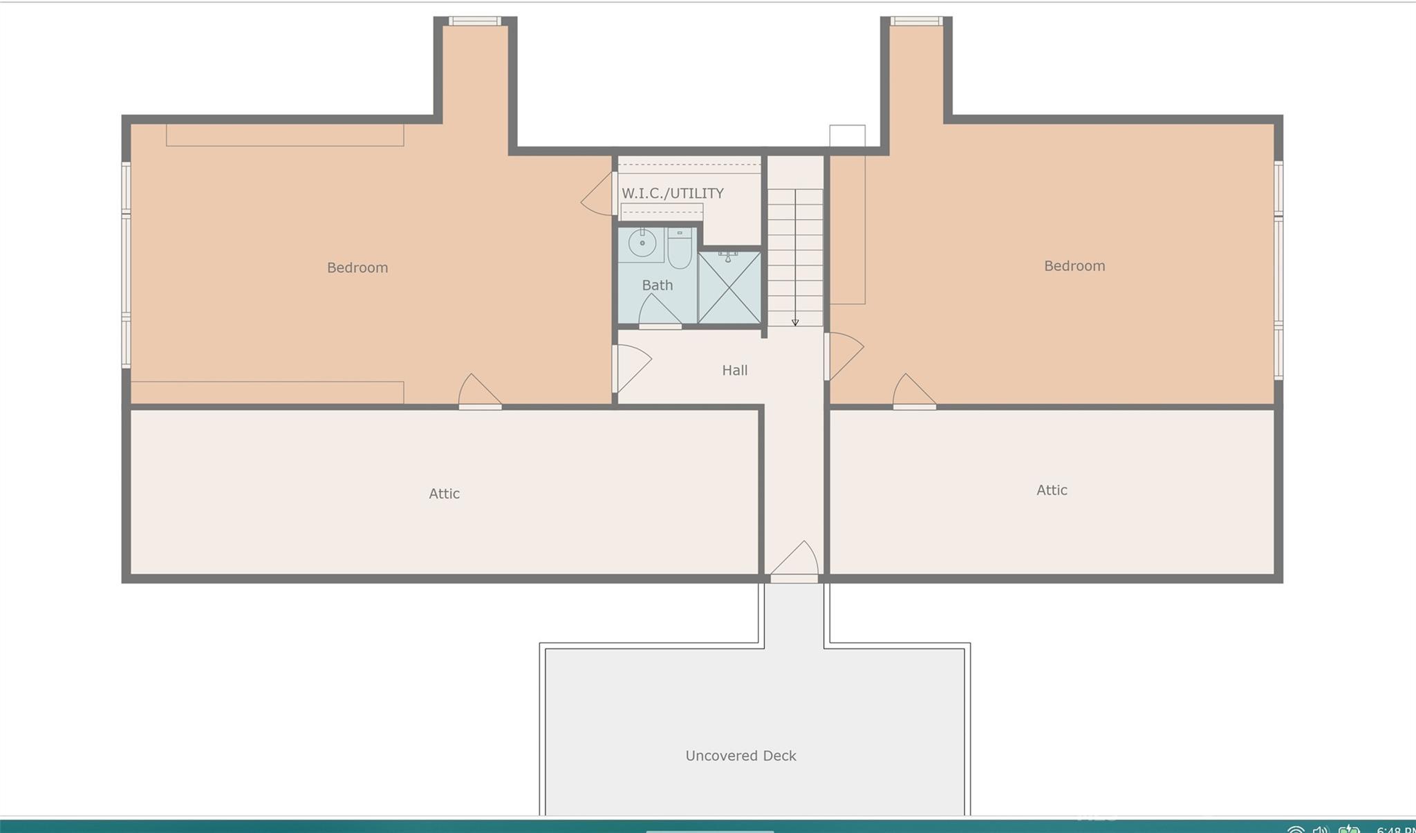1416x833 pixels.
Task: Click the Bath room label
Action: pyautogui.click(x=657, y=285)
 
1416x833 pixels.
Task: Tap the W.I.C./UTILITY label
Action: pyautogui.click(x=673, y=194)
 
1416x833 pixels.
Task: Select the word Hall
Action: pyautogui.click(x=734, y=371)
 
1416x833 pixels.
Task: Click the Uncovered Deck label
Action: pyautogui.click(x=740, y=756)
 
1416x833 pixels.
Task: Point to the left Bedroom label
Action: pyautogui.click(x=357, y=268)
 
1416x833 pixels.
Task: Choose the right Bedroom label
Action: pyautogui.click(x=1074, y=266)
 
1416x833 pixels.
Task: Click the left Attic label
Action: pyautogui.click(x=444, y=494)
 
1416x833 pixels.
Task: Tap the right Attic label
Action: pyautogui.click(x=1052, y=490)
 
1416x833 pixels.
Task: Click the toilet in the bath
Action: pyautogui.click(x=680, y=249)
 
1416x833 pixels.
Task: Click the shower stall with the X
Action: pyautogui.click(x=729, y=288)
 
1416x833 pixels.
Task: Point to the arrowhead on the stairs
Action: pyautogui.click(x=795, y=322)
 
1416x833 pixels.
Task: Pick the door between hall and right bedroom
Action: pyautogui.click(x=844, y=356)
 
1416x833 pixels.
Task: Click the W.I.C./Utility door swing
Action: pyautogui.click(x=598, y=194)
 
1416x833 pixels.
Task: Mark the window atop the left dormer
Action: pyautogui.click(x=474, y=21)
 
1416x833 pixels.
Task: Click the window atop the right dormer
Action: pyautogui.click(x=916, y=21)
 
